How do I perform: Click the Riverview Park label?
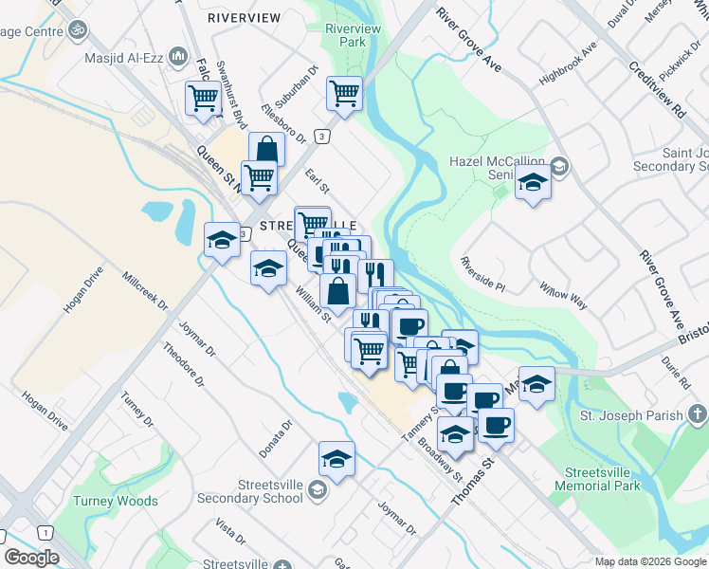[x=353, y=36]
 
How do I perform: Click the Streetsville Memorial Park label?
[x=601, y=479]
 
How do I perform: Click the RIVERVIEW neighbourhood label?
[x=244, y=18]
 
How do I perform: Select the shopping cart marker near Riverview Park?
[x=344, y=94]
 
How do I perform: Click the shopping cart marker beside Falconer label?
[x=204, y=98]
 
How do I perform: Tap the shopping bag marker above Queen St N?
[x=267, y=149]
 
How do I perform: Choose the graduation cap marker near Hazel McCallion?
[x=533, y=183]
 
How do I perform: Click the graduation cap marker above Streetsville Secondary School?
[x=336, y=459]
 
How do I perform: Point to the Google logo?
[x=31, y=558]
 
